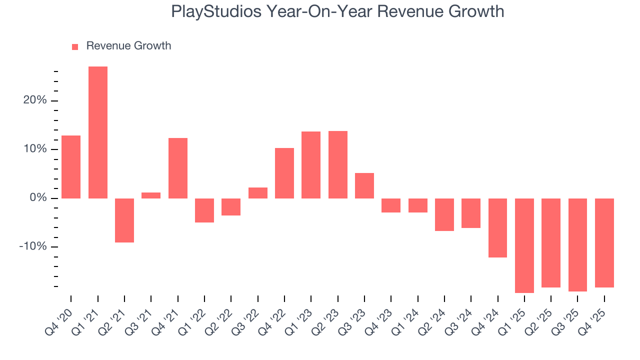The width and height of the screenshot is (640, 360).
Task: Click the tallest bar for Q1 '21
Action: [98, 132]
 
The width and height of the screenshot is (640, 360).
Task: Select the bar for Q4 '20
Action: [71, 167]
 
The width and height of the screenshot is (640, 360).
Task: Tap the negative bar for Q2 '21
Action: [124, 220]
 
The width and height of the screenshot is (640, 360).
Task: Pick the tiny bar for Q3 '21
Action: [151, 195]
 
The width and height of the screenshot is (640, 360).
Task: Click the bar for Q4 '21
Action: [178, 168]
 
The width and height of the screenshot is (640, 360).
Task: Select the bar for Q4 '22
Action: [284, 173]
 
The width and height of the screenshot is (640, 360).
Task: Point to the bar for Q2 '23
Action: [338, 164]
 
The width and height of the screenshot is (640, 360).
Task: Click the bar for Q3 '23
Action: [364, 185]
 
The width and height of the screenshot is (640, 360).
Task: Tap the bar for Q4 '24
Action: [497, 228]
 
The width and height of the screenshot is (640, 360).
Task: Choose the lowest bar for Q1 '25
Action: [524, 245]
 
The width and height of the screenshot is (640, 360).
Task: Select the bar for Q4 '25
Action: [604, 243]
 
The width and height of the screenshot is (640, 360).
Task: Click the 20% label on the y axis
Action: [35, 100]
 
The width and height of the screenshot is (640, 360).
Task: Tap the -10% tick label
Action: [33, 247]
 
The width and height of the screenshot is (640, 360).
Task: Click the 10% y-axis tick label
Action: [35, 149]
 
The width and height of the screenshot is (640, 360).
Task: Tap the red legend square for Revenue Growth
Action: [75, 46]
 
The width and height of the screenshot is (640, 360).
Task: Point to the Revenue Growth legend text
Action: [128, 46]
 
